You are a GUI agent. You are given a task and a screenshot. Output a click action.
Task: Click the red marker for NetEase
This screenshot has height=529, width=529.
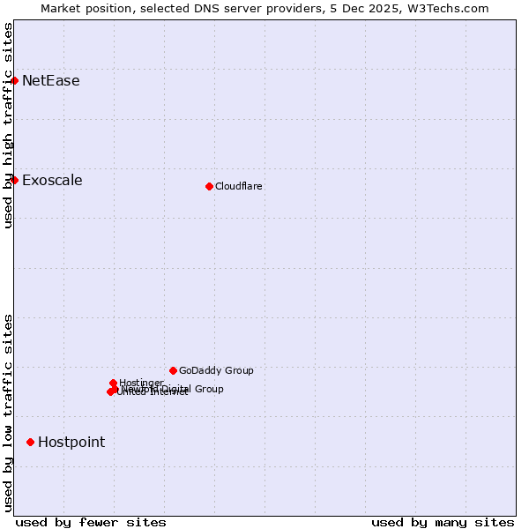pos(15,81)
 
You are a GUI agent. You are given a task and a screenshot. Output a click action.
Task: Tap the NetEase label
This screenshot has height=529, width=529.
pos(50,81)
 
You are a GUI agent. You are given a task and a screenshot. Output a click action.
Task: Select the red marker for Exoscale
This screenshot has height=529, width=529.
pos(15,181)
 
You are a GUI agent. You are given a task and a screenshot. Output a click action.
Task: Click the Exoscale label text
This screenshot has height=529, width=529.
pos(52,181)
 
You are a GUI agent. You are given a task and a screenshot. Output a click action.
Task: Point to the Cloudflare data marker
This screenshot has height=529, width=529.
pos(209,186)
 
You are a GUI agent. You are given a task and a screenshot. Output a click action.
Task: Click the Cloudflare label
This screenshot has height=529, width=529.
pos(238,186)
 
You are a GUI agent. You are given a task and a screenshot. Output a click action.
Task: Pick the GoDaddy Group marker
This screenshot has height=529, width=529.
pos(173,370)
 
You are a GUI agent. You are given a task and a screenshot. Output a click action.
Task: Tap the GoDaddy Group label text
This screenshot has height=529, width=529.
pos(216,370)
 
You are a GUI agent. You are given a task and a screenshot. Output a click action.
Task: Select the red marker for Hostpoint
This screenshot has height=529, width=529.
pos(30,442)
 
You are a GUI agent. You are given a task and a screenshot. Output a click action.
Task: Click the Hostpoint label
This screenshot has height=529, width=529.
pos(71,442)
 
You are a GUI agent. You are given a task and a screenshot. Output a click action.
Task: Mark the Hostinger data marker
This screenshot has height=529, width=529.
pos(113,383)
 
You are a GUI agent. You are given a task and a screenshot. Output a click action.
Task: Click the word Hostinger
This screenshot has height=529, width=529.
pos(141,382)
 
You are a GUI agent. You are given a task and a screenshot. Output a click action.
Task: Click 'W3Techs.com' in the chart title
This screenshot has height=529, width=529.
pos(446,8)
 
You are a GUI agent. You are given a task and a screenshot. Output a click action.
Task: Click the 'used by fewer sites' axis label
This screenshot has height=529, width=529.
pos(91,522)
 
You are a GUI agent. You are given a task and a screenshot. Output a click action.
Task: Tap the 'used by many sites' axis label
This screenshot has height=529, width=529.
pos(443,522)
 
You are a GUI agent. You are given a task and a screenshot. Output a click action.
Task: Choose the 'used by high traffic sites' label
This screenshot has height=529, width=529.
pos(8,125)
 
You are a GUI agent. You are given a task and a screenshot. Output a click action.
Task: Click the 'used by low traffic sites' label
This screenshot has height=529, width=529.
pos(8,413)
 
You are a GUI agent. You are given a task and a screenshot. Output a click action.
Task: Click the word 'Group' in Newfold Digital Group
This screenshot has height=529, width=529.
pos(208,389)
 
